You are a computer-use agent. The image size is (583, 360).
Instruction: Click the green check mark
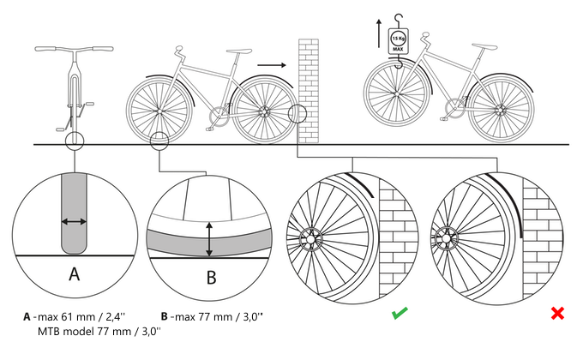tap(399, 314)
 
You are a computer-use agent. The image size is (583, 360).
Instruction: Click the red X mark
tap(557, 314)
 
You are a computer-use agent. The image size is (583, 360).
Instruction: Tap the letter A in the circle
tap(74, 274)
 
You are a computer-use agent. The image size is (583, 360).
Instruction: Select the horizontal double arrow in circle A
tap(74, 222)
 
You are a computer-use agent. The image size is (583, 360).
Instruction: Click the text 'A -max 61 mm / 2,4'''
tap(76, 315)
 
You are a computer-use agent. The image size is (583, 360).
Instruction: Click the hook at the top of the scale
tap(398, 18)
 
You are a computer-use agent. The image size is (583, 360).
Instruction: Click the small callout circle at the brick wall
tap(297, 113)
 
